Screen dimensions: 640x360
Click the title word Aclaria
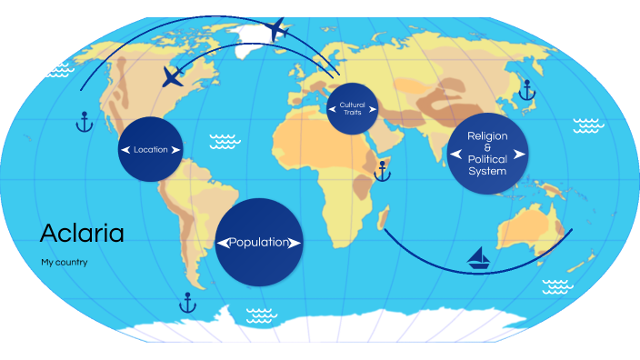click(x=82, y=234)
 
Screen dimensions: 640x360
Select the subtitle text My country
click(x=64, y=263)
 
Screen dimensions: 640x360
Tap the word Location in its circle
click(x=150, y=149)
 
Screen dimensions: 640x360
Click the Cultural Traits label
click(x=352, y=109)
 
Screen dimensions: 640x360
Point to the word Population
click(x=259, y=243)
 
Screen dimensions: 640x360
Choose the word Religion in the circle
click(x=487, y=135)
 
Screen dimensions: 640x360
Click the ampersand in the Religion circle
click(x=487, y=147)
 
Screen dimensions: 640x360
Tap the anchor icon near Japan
click(x=525, y=89)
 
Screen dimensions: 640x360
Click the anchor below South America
click(x=188, y=302)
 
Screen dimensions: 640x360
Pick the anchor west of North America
click(x=84, y=121)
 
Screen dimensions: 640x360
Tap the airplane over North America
click(x=172, y=76)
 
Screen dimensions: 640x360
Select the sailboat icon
click(x=480, y=259)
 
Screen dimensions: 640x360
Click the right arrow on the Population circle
click(x=294, y=243)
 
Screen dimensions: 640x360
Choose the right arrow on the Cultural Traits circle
click(x=371, y=109)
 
